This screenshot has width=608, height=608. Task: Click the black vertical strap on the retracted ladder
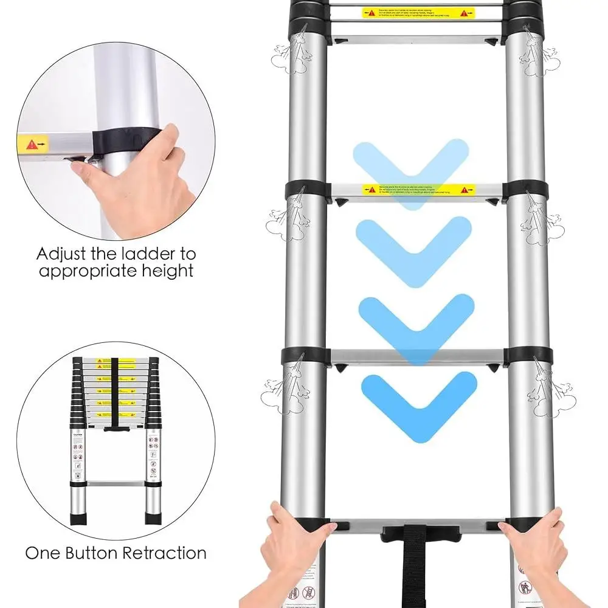click(x=115, y=392)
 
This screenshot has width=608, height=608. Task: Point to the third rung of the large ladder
click(x=416, y=356)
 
